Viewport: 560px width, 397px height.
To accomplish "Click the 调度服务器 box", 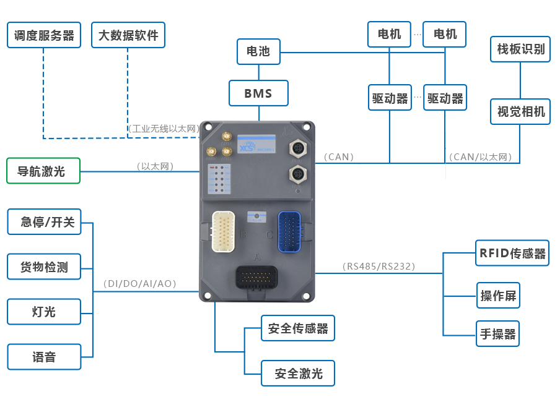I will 44,35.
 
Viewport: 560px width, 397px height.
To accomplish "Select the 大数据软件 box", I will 128,35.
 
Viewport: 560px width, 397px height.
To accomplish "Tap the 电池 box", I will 258,52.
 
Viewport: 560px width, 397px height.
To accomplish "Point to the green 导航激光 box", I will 43,171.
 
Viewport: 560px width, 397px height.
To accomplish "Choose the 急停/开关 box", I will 43,222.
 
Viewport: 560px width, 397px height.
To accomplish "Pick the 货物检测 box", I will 43,267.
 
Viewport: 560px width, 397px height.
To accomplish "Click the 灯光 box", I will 43,312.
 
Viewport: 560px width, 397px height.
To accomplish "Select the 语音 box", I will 43,357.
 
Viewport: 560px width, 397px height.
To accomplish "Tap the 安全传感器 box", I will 298,328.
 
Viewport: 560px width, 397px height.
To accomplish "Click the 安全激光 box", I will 298,374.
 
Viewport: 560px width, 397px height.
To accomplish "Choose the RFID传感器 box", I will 512,253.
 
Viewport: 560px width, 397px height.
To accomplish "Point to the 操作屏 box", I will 497,296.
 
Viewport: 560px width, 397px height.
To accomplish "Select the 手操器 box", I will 497,334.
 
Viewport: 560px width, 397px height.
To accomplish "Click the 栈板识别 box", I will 520,48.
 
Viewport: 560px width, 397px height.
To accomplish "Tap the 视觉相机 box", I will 520,111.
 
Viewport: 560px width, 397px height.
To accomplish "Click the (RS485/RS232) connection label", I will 378,267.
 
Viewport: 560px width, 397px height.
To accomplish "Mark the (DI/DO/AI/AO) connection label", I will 140,284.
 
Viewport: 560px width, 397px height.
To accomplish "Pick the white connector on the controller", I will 224,231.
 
